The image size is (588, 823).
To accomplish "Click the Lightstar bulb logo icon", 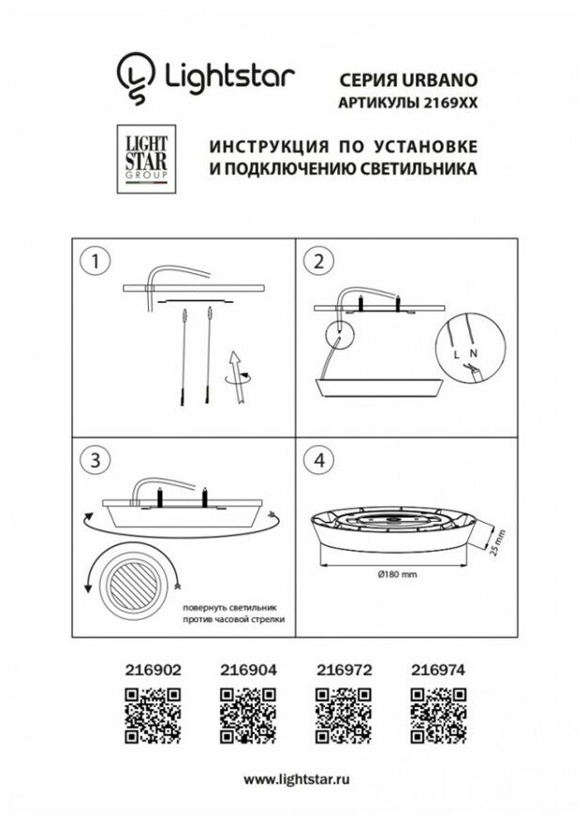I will click(x=133, y=76).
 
